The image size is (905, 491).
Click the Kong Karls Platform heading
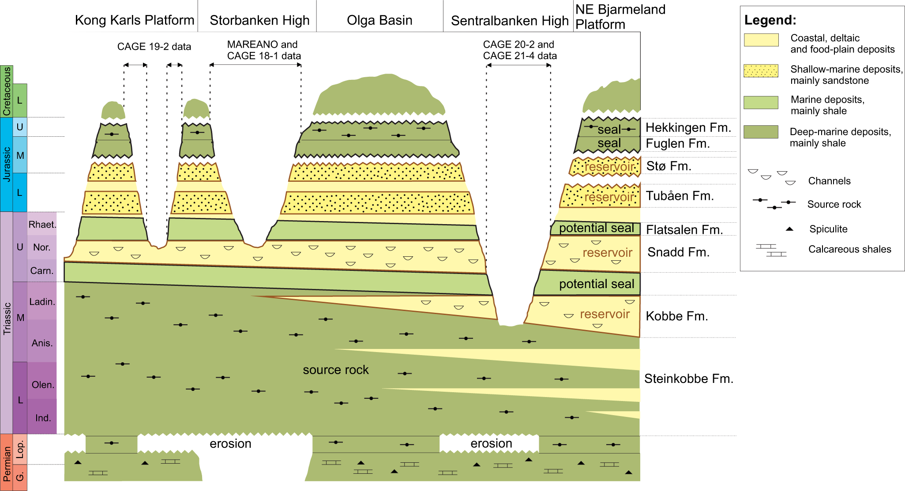(x=134, y=20)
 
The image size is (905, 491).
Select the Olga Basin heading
(x=379, y=20)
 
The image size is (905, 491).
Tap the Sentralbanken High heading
(x=510, y=21)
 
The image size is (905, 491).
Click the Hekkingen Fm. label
(x=688, y=128)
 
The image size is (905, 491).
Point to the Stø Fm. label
(x=668, y=166)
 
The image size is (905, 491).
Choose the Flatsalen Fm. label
(x=684, y=230)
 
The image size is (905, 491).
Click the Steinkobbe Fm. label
(x=688, y=379)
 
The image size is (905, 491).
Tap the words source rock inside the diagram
(x=335, y=370)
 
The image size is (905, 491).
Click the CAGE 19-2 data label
(x=154, y=47)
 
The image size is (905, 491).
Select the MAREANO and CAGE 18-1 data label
(x=263, y=50)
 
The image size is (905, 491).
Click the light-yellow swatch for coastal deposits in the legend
(x=761, y=40)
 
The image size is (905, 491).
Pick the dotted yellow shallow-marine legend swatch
(x=761, y=71)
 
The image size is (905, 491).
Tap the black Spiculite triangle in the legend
(x=790, y=229)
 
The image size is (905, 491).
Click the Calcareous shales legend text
(x=849, y=250)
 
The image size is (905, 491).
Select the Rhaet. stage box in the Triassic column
(x=42, y=225)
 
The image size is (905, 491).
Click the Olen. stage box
(x=43, y=385)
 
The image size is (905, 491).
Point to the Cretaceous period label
(x=7, y=91)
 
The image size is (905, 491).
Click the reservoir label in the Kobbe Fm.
(x=605, y=314)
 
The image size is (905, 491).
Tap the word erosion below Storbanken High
(x=230, y=444)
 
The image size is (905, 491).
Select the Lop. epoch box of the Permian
(x=20, y=450)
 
